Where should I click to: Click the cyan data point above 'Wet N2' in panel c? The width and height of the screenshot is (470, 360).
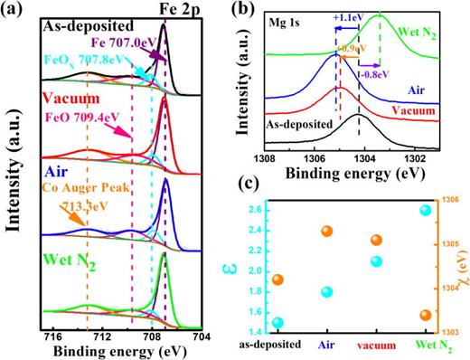426,211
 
